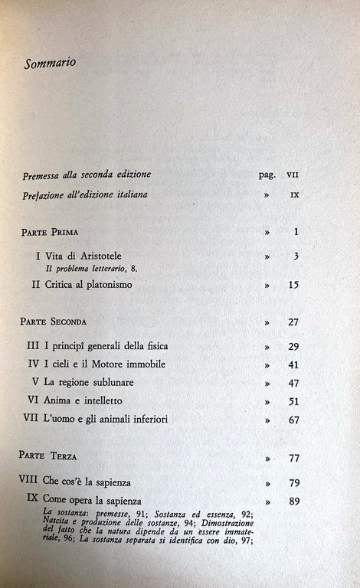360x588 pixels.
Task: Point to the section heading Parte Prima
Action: (x=51, y=230)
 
